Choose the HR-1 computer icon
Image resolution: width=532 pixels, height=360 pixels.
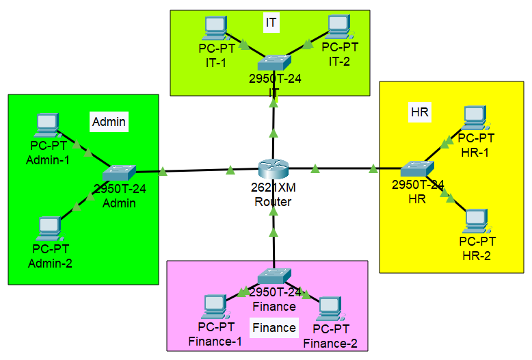pos(475,118)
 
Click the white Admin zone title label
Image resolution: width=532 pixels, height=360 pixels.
pos(109,122)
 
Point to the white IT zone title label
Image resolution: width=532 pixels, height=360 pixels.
pos(271,23)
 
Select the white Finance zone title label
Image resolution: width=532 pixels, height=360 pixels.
pos(274,327)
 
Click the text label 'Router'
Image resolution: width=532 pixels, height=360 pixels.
pos(273,202)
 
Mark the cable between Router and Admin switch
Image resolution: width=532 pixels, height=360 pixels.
pos(198,170)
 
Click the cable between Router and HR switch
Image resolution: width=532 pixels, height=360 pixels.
pos(342,168)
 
